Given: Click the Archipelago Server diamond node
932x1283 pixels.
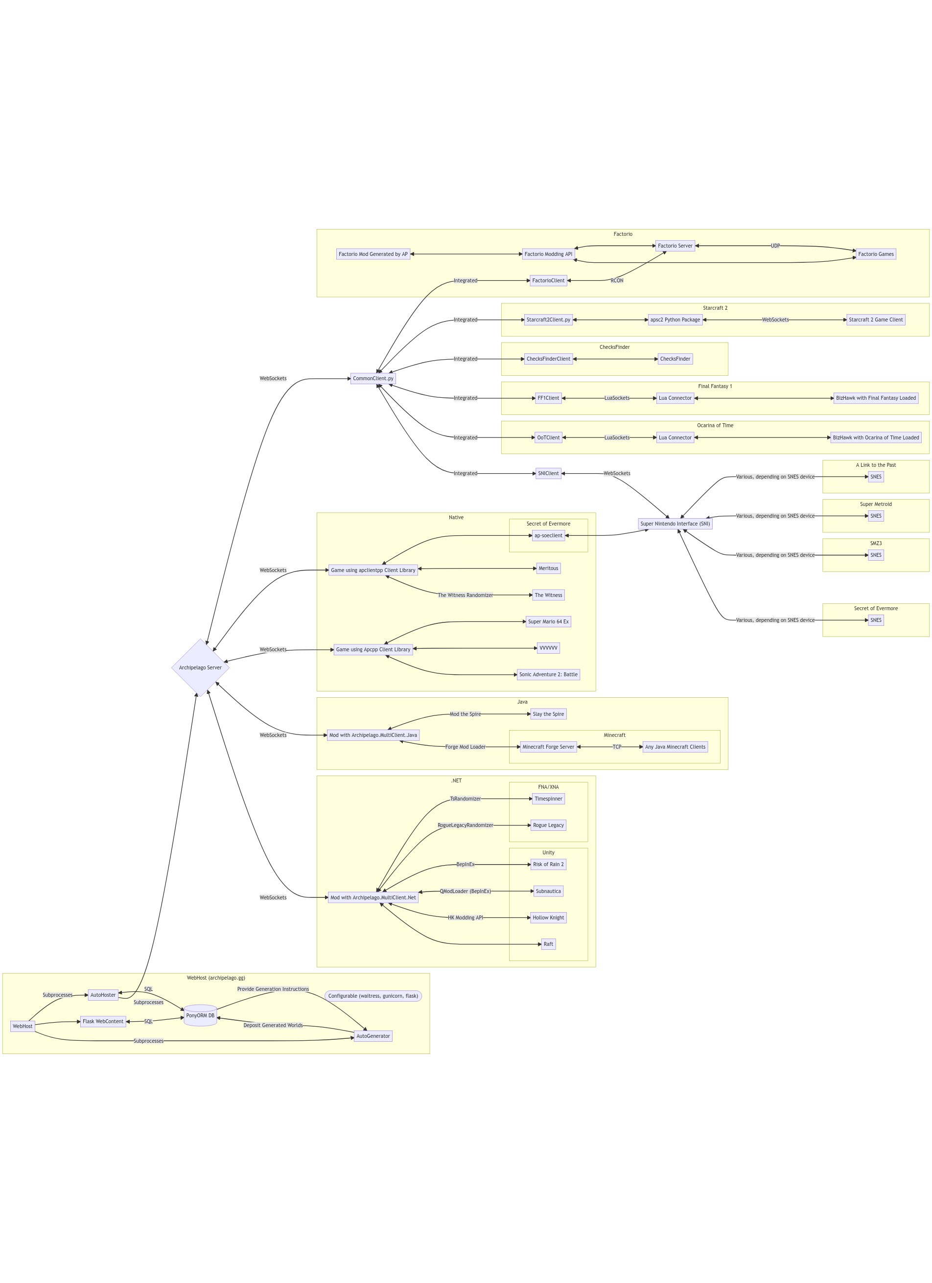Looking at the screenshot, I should [200, 667].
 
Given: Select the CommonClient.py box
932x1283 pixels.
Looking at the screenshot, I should [373, 378].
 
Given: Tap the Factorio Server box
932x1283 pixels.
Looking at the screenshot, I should [675, 246].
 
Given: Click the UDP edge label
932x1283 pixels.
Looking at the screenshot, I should [775, 246].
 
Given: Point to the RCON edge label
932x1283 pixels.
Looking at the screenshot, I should [616, 280].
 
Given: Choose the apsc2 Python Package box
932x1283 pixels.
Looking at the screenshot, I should [675, 320].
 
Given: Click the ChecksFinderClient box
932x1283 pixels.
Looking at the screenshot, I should [548, 359].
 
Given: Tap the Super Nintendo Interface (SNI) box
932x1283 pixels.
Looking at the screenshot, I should [675, 524].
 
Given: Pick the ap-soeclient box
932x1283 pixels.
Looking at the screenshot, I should [548, 535].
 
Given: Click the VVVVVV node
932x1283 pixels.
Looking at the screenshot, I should [548, 648].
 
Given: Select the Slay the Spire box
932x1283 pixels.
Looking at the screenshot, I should [548, 714].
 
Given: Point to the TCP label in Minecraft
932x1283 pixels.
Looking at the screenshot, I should [616, 747].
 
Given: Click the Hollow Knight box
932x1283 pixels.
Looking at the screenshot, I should [548, 917].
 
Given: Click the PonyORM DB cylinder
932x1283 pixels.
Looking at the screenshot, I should [200, 1015].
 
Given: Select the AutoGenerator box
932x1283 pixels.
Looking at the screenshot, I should [373, 1036].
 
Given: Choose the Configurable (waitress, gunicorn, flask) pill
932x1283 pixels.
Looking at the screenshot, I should [373, 996].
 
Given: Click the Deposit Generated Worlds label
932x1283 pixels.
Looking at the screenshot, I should [273, 1025].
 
